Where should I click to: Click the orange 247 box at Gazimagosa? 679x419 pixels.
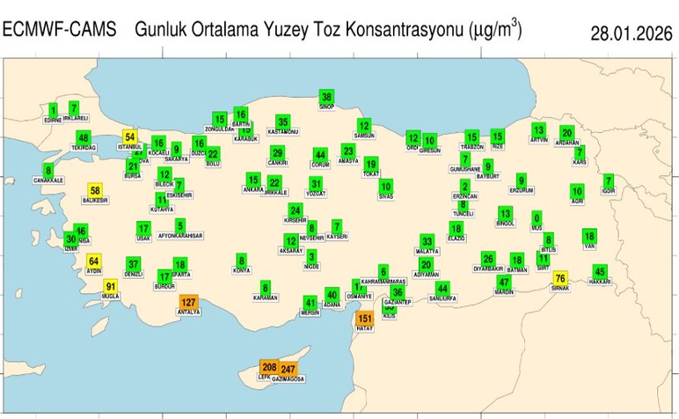coord(288,369)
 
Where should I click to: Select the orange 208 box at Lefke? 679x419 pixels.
coord(270,366)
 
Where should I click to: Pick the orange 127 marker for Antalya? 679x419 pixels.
coord(188,302)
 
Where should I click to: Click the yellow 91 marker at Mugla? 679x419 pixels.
coord(111,286)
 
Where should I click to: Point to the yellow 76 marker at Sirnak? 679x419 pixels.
coord(560,278)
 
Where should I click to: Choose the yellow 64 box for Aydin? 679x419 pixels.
coord(95,261)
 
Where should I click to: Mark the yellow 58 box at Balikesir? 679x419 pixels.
coord(95,191)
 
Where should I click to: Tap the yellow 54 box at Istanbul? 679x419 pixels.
coord(130,136)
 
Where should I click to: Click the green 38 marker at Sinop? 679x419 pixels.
coord(326,97)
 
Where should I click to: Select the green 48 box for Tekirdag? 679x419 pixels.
coord(84,138)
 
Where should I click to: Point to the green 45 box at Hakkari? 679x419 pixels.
coord(601,271)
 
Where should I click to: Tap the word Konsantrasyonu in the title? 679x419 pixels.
coord(395,30)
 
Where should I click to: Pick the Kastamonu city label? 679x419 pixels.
coord(283,132)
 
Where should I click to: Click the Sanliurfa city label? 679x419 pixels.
coord(442,298)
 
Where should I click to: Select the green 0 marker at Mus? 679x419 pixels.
coord(537,217)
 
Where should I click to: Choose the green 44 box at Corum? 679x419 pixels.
coord(320,155)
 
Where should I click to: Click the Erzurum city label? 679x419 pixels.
coord(522,190)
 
